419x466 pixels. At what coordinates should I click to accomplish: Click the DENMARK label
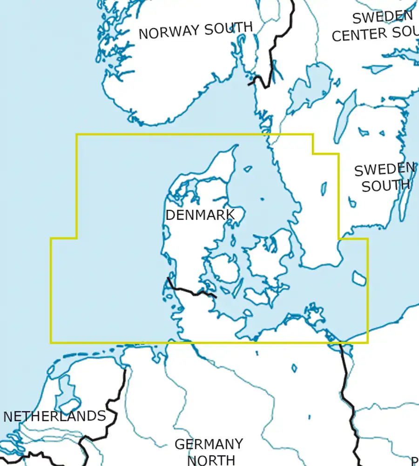199,215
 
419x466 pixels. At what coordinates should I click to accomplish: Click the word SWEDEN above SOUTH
385,169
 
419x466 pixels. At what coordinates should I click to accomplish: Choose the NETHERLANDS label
54,416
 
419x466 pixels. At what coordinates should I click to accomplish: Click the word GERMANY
209,444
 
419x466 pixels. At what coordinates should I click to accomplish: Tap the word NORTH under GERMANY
210,460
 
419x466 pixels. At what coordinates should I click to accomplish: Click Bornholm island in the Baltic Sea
359,278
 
